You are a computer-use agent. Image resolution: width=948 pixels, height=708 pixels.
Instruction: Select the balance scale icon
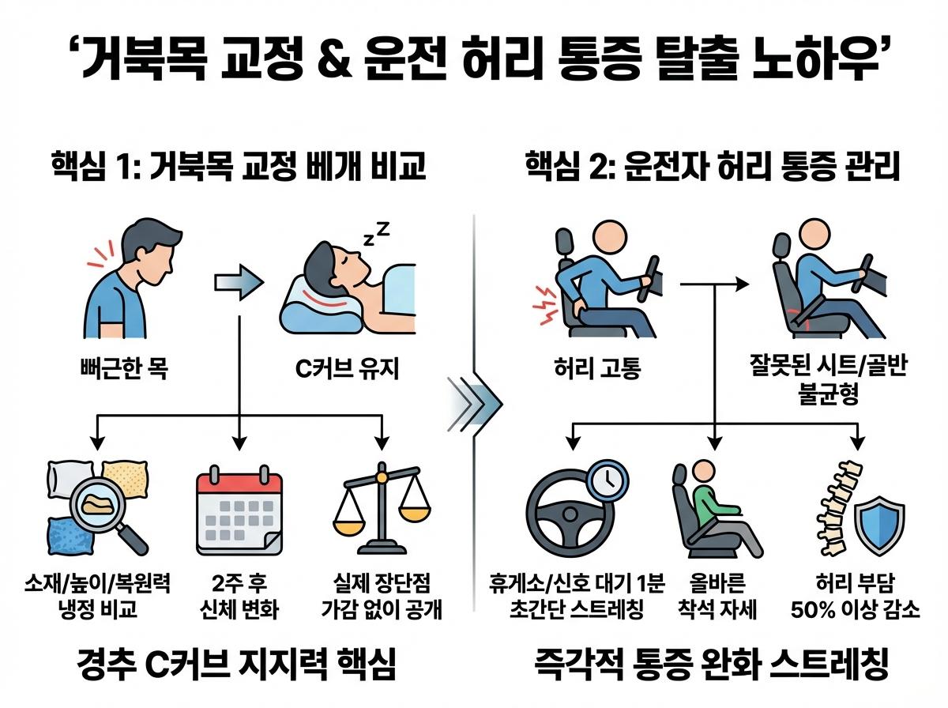382,509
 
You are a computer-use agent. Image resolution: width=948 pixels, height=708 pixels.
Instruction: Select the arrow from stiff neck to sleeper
239,281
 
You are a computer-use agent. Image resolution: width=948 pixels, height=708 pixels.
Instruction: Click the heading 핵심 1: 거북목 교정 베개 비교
239,167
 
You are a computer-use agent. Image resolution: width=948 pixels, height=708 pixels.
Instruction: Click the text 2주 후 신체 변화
239,597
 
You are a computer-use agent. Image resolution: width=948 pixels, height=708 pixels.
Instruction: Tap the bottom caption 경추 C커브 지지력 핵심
238,665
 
